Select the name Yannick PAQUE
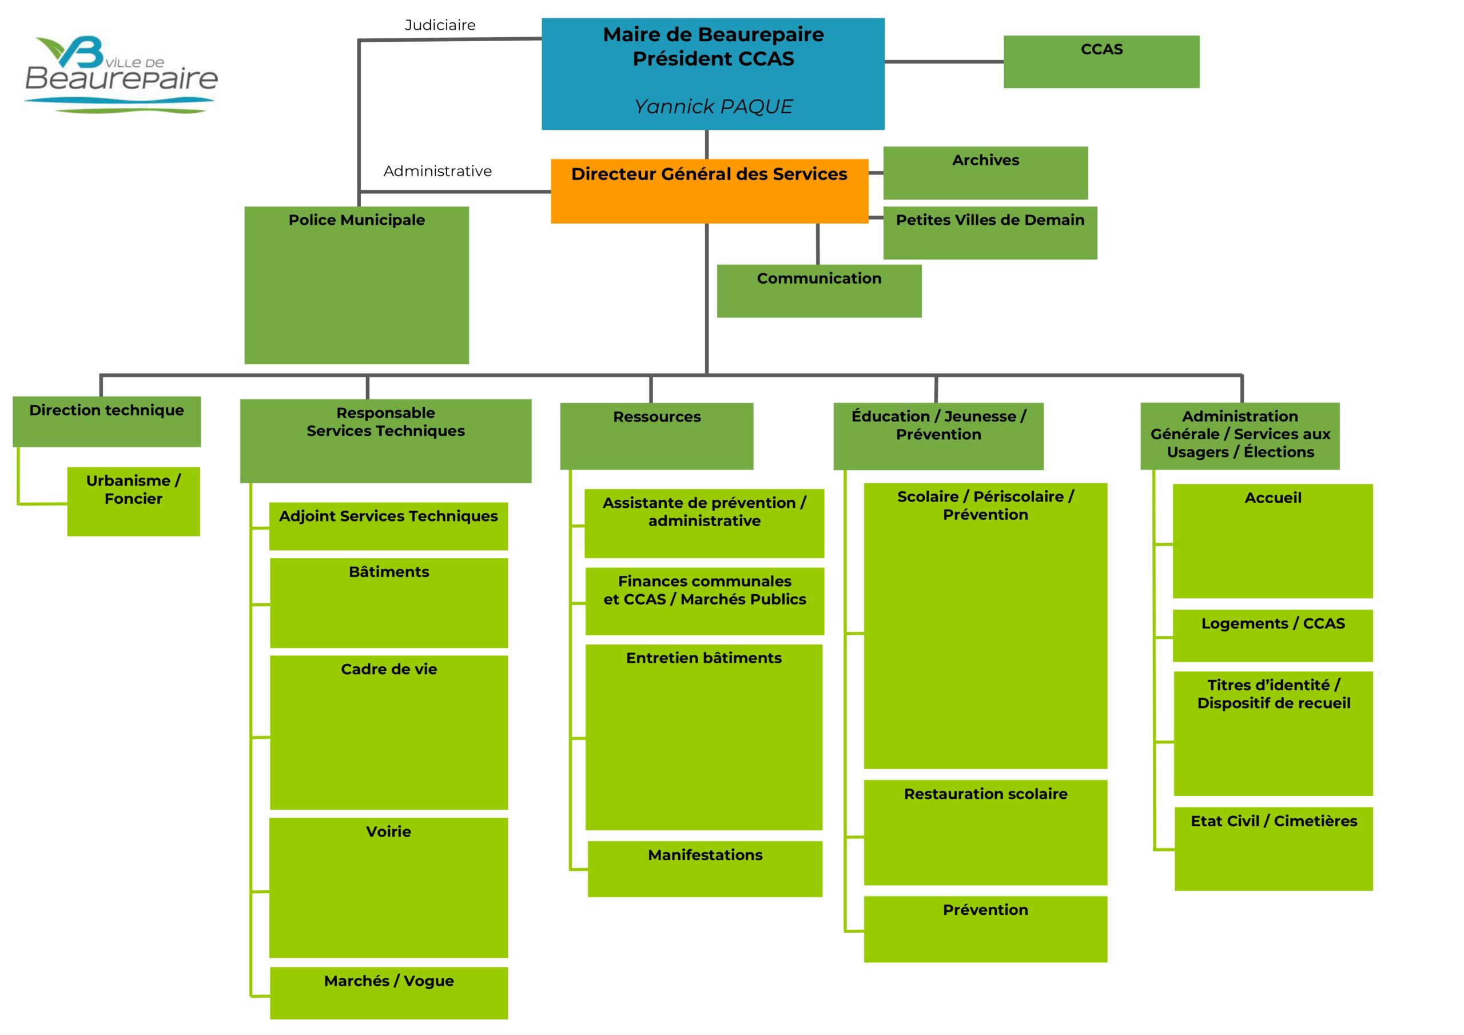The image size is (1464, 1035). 713,106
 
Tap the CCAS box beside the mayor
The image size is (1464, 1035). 1101,62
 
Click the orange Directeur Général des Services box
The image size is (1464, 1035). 709,190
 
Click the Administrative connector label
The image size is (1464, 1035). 437,171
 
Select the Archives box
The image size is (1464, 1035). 985,173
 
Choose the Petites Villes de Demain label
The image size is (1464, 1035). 989,220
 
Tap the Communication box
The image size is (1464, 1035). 819,291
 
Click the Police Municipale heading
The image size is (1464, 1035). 356,220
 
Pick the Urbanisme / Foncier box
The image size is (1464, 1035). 133,501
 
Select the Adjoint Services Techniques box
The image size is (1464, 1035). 388,526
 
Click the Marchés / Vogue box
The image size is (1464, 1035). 389,992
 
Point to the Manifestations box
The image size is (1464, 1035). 705,869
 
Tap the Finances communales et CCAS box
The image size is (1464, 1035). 705,601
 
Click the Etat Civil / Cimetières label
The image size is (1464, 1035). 1274,821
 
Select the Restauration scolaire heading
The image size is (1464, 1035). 985,794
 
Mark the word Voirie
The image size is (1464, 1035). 388,831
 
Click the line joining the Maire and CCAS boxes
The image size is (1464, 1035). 944,62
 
